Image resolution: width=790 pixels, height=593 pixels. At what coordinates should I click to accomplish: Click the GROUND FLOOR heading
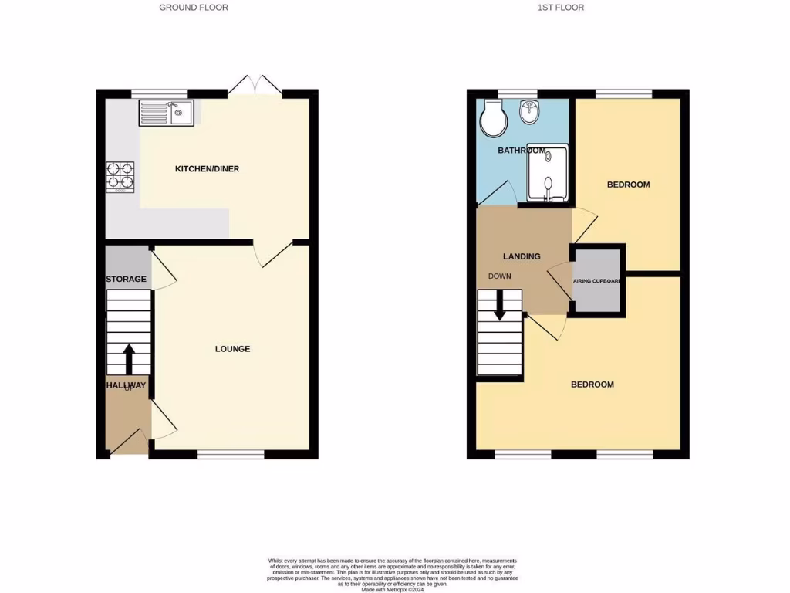pyautogui.click(x=194, y=8)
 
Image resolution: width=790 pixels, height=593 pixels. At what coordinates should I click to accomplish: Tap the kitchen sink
pyautogui.click(x=167, y=114)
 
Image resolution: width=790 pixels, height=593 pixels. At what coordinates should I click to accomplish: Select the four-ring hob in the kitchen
pyautogui.click(x=120, y=175)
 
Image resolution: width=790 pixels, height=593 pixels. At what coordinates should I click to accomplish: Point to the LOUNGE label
pyautogui.click(x=232, y=349)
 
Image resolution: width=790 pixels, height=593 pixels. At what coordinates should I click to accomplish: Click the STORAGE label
pyautogui.click(x=127, y=279)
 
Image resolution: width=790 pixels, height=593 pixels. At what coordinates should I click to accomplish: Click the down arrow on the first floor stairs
pyautogui.click(x=499, y=304)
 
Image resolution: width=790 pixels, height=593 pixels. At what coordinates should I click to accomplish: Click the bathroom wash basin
pyautogui.click(x=530, y=113)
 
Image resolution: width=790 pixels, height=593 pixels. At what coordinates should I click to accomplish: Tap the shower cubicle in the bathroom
pyautogui.click(x=547, y=174)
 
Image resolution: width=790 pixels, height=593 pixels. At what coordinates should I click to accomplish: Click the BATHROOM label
pyautogui.click(x=522, y=151)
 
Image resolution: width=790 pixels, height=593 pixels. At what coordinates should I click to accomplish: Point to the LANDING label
pyautogui.click(x=522, y=256)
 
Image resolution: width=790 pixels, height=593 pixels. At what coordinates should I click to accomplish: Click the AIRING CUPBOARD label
pyautogui.click(x=597, y=281)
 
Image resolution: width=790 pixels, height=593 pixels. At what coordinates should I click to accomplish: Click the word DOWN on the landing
pyautogui.click(x=499, y=276)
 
